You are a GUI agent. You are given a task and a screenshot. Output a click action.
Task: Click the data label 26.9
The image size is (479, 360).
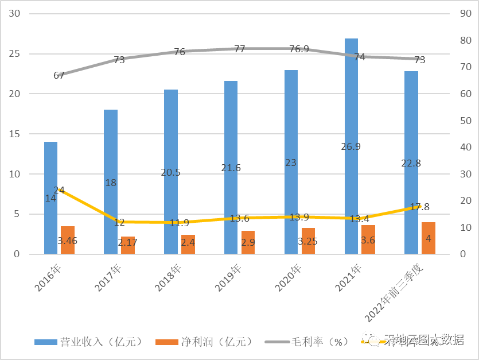point(351,146)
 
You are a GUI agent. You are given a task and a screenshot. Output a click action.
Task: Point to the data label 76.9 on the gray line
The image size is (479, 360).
point(299,49)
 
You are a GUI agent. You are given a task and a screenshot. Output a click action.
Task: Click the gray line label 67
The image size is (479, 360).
point(59,75)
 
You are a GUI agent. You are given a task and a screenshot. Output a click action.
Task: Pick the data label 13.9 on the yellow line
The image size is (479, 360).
point(298,217)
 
